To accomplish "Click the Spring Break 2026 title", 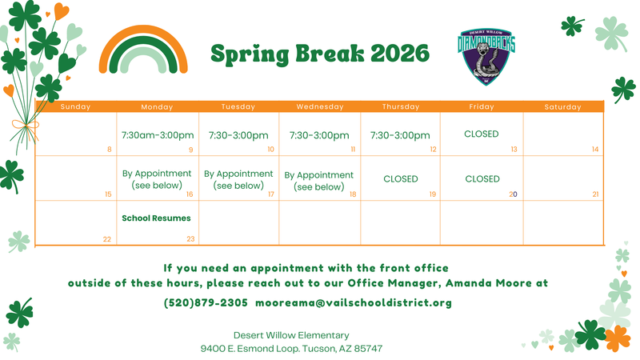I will click(x=319, y=54).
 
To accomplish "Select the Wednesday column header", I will click(x=319, y=106).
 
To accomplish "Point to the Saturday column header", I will click(x=562, y=106).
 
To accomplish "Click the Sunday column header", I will click(x=76, y=106).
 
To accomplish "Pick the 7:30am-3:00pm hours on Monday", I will click(x=157, y=135).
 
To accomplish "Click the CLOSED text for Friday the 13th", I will click(x=481, y=134).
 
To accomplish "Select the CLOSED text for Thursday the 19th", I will click(x=400, y=179).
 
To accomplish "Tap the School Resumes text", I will click(x=156, y=218).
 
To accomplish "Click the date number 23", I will click(x=190, y=239).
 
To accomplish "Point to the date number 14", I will click(x=595, y=150).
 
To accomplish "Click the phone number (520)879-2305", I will click(x=206, y=303).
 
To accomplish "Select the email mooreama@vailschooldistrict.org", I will click(x=354, y=303).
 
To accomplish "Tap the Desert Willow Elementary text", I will click(x=291, y=335).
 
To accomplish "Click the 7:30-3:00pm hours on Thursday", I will click(x=400, y=135).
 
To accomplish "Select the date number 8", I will click(x=109, y=150).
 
